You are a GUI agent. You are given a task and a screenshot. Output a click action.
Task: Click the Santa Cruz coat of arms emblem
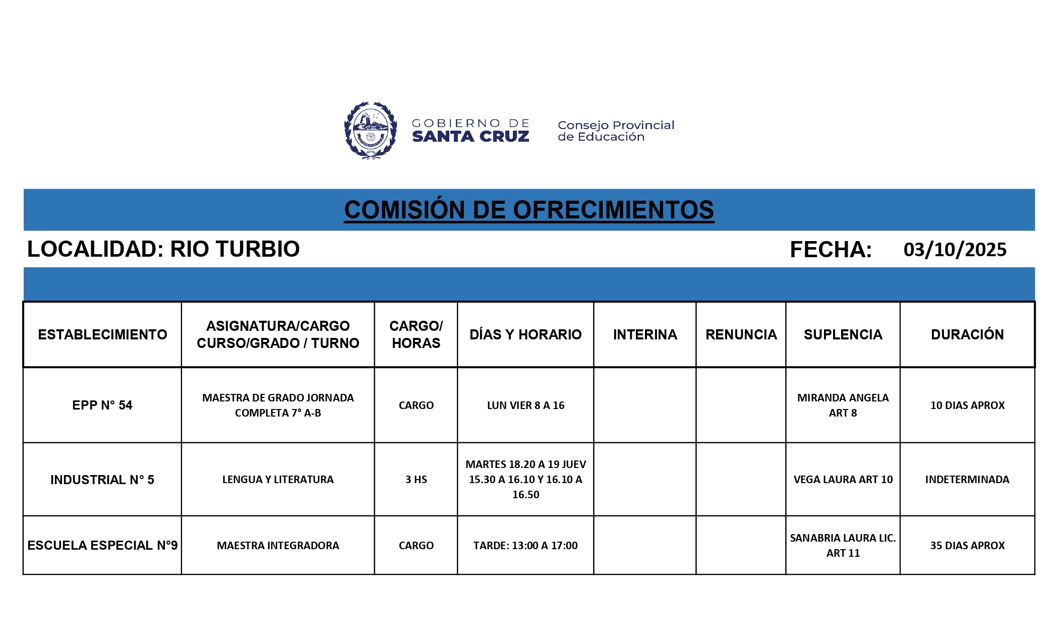[x=371, y=131]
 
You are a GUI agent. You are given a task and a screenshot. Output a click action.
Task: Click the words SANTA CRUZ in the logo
[x=470, y=137]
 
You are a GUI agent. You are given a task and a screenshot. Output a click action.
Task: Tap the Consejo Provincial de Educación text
[x=616, y=131]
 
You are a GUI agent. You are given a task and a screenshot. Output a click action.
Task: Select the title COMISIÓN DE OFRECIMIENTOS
[x=529, y=210]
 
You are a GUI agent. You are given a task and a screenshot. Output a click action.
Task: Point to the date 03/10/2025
[x=955, y=250]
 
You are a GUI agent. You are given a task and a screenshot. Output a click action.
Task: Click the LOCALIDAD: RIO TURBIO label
[x=163, y=249]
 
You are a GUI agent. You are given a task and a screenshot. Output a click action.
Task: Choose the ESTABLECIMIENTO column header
[x=102, y=334]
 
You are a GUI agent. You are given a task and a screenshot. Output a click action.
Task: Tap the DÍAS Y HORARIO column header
[x=525, y=334]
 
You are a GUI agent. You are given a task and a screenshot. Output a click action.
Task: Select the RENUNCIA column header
[x=741, y=334]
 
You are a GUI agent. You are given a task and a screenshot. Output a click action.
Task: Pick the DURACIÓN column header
[x=967, y=334]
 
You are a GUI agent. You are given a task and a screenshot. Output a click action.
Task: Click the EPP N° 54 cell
[x=102, y=405]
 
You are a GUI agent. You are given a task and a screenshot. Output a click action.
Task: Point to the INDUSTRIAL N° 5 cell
[x=102, y=480]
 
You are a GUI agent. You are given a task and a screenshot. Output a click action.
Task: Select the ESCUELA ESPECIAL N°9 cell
[x=102, y=545]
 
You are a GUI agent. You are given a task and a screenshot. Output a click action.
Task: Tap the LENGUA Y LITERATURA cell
[x=278, y=480]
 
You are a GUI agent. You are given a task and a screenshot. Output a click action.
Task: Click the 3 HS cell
[x=416, y=480]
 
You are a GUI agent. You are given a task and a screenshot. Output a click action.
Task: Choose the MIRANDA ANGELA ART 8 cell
[x=843, y=405]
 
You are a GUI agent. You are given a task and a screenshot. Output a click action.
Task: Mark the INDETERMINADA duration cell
[x=967, y=480]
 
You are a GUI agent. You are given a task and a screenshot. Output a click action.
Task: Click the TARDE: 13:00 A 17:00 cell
[x=525, y=545]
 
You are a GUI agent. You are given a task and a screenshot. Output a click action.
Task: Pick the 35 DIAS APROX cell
[x=967, y=545]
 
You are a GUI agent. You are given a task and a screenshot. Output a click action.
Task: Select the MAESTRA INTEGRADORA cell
[x=278, y=545]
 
